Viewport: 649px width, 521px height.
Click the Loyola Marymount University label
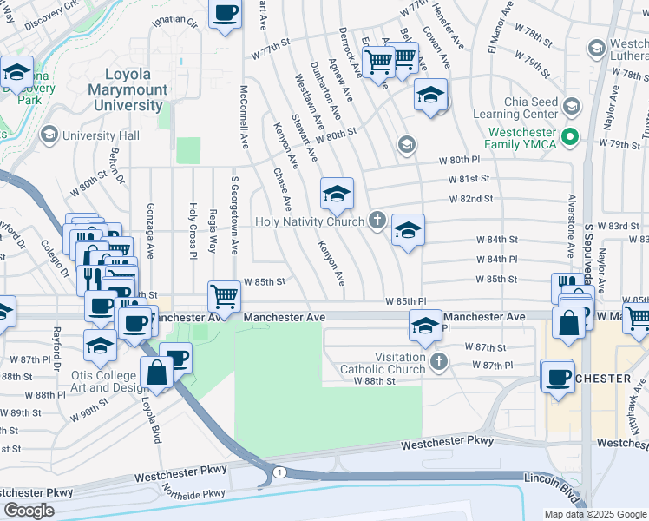click(x=133, y=90)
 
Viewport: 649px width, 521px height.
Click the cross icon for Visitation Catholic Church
click(x=440, y=361)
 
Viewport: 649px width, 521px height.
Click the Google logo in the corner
click(x=29, y=511)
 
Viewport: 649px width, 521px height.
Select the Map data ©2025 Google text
click(x=594, y=514)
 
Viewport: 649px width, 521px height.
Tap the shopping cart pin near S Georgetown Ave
click(x=225, y=297)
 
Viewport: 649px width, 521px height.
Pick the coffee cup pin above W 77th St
click(x=225, y=14)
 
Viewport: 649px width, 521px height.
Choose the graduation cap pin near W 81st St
click(x=337, y=194)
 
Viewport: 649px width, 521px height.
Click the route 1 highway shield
click(x=278, y=471)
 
